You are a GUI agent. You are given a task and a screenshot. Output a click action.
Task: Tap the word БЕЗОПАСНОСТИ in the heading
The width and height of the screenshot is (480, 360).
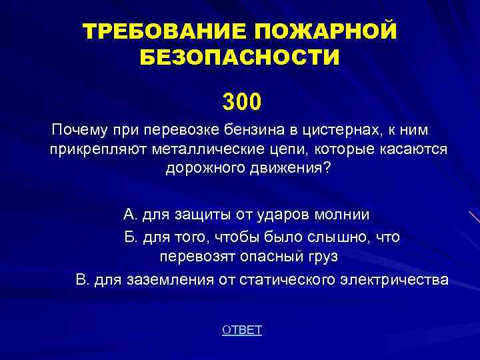239,57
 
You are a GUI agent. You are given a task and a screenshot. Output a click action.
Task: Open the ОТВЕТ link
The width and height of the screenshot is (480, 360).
241,330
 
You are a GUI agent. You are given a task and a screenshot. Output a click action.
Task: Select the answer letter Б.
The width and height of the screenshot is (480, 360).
129,237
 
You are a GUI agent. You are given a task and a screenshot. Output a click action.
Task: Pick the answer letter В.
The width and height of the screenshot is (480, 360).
82,280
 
